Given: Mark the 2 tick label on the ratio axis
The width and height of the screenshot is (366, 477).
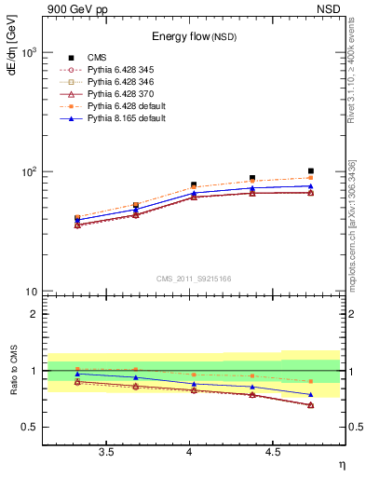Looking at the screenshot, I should [34, 314].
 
